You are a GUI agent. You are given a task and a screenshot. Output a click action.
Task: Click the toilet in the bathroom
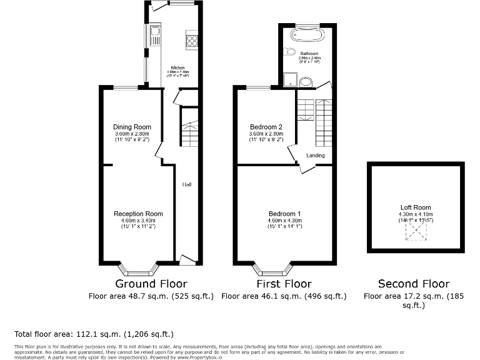coord(290,52)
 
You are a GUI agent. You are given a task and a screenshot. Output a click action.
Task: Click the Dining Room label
coord(132,127)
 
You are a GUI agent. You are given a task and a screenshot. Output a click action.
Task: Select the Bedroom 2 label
coord(266,127)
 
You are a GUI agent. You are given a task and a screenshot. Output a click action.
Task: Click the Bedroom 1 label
coord(284,214)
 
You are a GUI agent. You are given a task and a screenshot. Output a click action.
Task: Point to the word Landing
coord(316,156)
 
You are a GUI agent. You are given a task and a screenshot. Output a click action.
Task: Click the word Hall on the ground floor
coord(187,185)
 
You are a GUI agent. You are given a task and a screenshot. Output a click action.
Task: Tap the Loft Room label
coord(416,207)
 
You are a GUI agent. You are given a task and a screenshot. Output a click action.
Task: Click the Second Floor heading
coord(416,284)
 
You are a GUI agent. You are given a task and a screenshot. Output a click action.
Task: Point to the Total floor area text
coord(94,334)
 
